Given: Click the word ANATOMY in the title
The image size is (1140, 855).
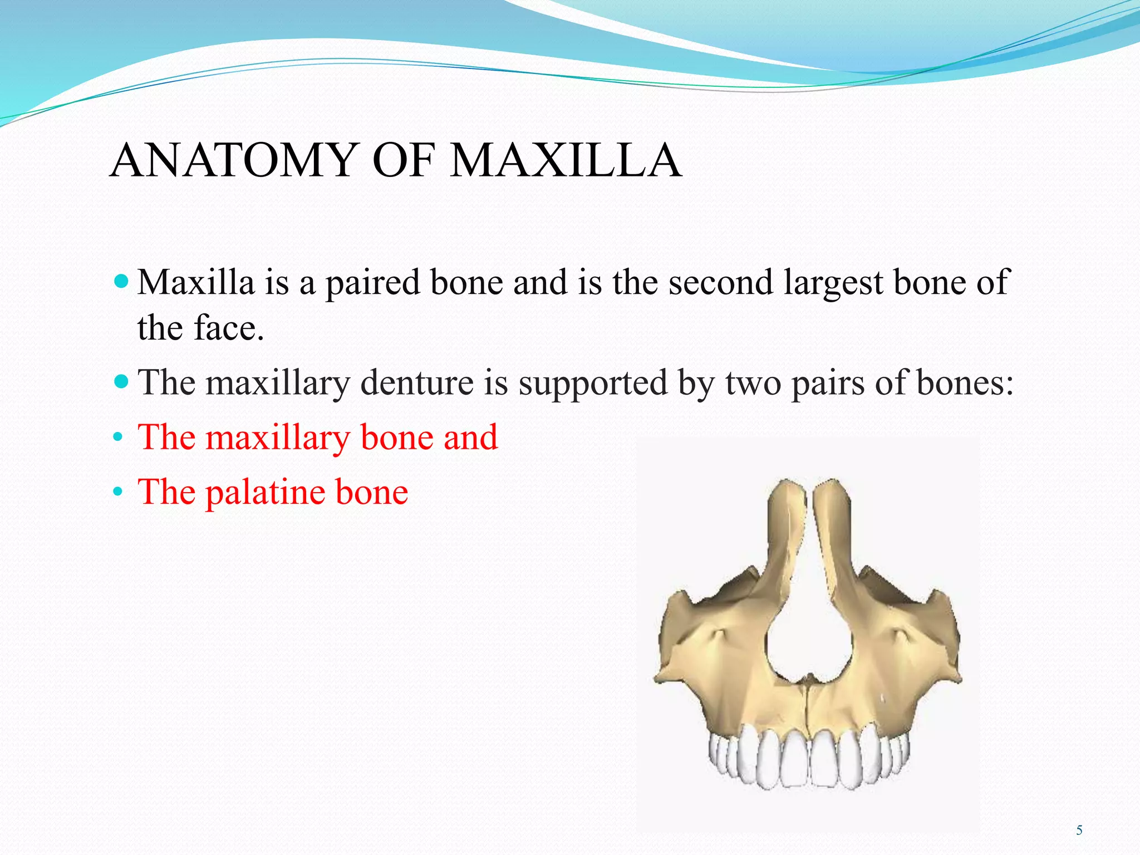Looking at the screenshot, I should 233,161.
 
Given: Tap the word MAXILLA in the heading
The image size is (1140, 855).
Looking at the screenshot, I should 566,161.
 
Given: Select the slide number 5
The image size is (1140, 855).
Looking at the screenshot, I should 1079,831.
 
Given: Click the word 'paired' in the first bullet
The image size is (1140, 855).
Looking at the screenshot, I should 372,283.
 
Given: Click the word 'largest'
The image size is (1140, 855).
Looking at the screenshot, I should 833,283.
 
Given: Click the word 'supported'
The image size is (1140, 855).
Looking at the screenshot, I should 593,384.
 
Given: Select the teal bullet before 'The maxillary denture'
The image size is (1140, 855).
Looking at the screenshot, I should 120,381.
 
